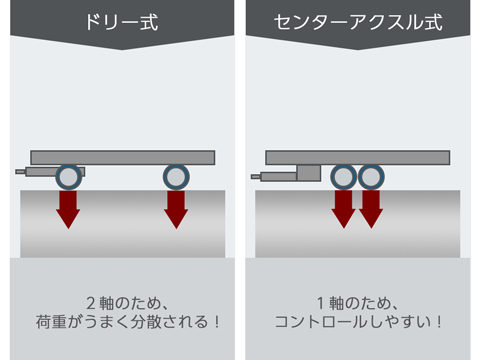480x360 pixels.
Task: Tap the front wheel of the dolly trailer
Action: [68, 178]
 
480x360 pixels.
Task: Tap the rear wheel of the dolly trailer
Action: [176, 178]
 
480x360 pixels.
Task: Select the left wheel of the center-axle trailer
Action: [343, 178]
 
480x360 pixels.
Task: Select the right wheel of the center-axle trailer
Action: [371, 178]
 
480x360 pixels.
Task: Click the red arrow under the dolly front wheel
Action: [68, 209]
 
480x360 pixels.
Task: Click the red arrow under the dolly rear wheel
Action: [176, 209]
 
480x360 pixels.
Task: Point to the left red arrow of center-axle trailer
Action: [343, 209]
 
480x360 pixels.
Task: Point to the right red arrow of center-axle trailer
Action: [371, 209]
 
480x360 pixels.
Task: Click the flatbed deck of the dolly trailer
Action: [122, 157]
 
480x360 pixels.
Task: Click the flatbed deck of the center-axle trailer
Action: [357, 157]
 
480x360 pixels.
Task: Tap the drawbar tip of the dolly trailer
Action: [21, 173]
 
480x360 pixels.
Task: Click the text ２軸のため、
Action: [121, 302]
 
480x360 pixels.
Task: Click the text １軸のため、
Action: [357, 302]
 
